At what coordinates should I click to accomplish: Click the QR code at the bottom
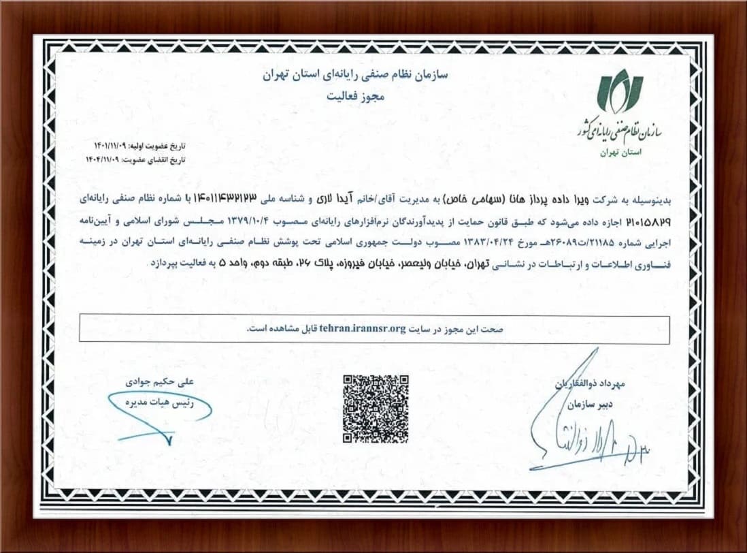(x=376, y=408)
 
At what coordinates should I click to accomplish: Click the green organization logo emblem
(x=619, y=91)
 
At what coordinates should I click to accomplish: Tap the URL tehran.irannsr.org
(x=363, y=328)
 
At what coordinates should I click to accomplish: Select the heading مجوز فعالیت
(x=353, y=97)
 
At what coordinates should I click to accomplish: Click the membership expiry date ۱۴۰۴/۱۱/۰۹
(x=110, y=159)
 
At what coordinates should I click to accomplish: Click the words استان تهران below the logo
(x=617, y=153)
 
